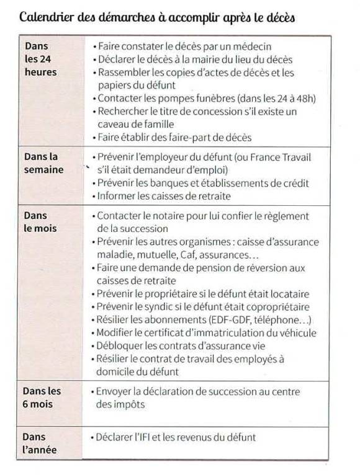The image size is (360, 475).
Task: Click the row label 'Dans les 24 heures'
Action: pyautogui.click(x=40, y=59)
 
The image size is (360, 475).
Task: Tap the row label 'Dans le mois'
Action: pyautogui.click(x=40, y=221)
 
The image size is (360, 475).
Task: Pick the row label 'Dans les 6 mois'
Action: pyautogui.click(x=42, y=397)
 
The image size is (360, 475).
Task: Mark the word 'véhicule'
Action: pyautogui.click(x=295, y=333)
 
